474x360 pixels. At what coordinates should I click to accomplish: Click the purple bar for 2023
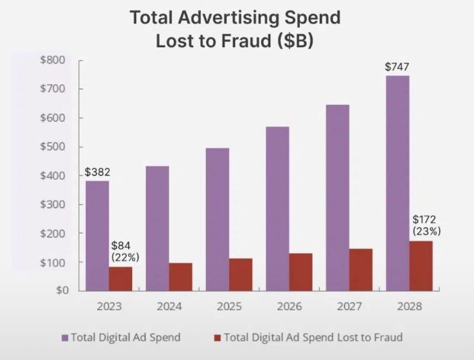(x=97, y=235)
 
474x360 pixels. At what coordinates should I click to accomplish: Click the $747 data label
(x=396, y=66)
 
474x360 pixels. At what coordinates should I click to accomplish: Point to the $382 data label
(x=97, y=173)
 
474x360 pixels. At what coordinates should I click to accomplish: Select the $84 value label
(x=121, y=245)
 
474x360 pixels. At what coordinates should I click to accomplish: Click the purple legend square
(x=65, y=337)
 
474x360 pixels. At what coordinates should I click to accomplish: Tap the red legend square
(x=217, y=337)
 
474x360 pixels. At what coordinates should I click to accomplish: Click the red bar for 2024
(x=181, y=277)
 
